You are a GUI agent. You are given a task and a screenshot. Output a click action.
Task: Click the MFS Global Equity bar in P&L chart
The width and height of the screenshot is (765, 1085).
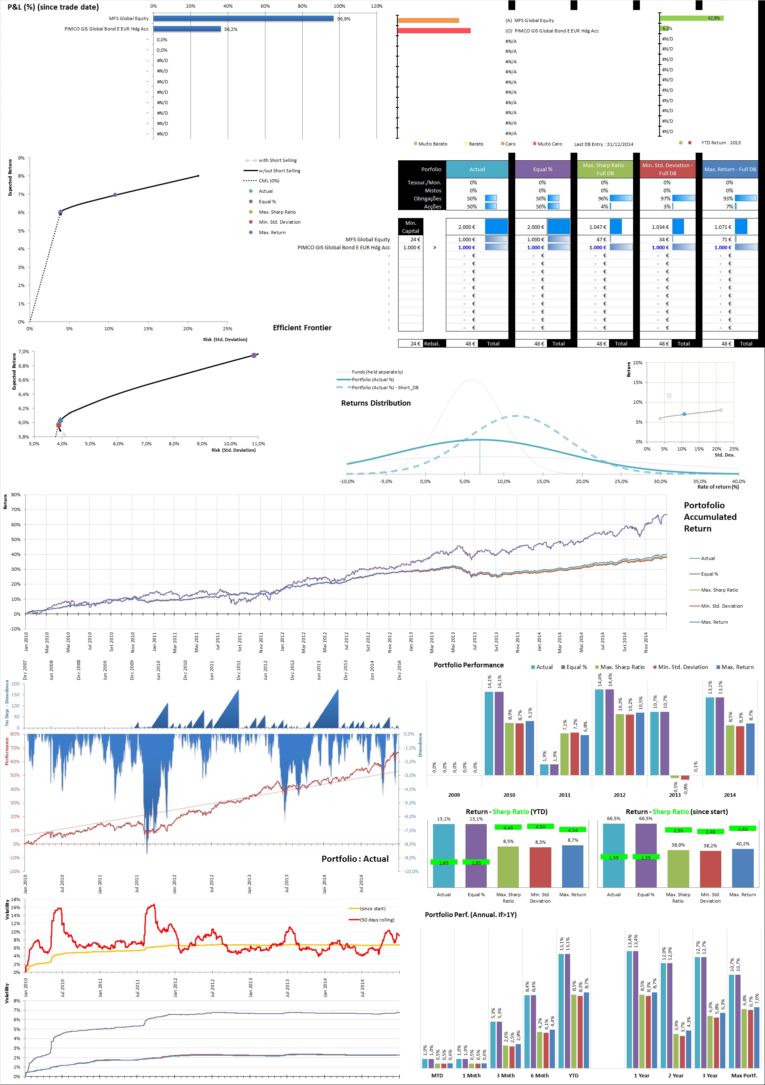tap(243, 18)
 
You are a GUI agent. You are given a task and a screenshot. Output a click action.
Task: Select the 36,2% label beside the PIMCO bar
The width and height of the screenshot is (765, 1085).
tap(231, 29)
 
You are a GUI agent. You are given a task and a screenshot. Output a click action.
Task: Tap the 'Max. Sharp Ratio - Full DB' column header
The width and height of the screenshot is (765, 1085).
tap(605, 169)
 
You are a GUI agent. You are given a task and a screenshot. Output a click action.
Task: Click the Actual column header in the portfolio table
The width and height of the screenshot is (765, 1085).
tap(477, 169)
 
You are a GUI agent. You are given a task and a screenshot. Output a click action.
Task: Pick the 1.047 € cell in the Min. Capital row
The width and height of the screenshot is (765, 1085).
tap(598, 227)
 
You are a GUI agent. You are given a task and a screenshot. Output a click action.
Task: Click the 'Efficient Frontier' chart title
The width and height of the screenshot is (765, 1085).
tap(302, 328)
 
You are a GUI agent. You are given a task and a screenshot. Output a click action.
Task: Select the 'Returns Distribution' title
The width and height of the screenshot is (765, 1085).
tap(376, 403)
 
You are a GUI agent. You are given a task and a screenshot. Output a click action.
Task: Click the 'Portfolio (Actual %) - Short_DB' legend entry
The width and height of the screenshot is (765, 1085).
tap(385, 388)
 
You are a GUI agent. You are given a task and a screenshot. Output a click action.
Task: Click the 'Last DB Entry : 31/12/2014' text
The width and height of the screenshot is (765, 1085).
tap(604, 144)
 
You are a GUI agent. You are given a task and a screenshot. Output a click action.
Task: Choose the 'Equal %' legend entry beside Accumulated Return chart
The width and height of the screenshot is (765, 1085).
tap(709, 574)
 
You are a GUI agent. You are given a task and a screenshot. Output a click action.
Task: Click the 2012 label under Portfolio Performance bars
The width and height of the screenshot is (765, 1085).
tap(619, 795)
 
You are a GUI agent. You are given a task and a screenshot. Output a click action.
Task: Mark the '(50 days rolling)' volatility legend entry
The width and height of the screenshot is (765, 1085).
tap(377, 919)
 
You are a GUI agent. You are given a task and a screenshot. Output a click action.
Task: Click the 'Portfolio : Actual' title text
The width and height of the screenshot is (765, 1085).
tap(355, 859)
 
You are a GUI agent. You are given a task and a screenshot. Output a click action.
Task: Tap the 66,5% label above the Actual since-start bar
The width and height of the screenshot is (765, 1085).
tap(614, 818)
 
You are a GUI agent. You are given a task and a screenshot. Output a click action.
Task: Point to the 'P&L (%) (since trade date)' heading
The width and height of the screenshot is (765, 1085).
tap(53, 7)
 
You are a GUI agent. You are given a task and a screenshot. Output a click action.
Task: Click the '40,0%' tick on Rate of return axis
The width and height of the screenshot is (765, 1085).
tap(739, 481)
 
